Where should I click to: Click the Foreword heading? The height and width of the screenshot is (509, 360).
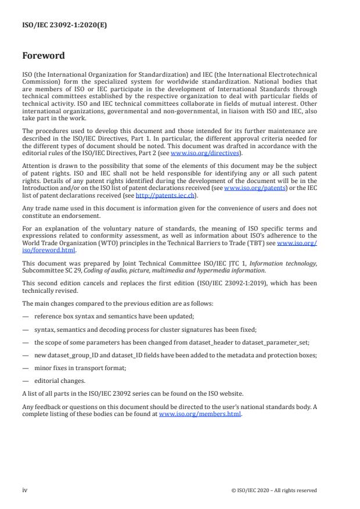pos(43,56)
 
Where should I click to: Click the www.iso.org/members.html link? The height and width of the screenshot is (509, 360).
pos(200,414)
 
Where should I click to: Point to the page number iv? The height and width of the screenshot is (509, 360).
pos(25,490)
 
